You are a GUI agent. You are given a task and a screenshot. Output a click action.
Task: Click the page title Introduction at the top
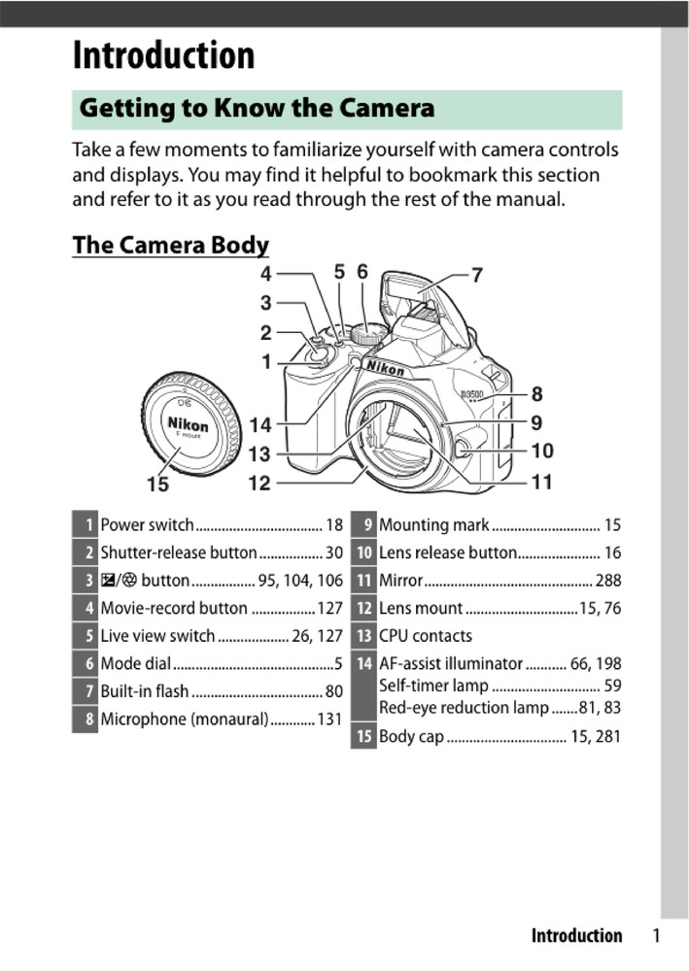163,56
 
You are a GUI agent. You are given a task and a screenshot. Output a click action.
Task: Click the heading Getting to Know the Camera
257,108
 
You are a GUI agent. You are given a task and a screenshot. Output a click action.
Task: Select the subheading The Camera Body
170,245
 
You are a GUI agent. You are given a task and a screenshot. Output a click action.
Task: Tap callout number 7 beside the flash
477,275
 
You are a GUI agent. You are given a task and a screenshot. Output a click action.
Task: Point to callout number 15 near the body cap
157,483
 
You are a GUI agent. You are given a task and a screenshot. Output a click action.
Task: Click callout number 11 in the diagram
541,481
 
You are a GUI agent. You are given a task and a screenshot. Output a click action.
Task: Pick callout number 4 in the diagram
265,274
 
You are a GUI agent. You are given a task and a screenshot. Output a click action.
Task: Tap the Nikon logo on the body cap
188,425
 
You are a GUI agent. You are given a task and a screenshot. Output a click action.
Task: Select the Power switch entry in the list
148,525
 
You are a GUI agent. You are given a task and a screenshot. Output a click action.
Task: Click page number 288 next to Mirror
607,582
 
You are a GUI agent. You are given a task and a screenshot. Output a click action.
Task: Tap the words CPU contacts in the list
426,636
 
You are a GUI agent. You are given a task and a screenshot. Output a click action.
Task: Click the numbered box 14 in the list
363,665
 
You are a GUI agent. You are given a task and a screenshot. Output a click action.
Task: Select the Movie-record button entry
174,609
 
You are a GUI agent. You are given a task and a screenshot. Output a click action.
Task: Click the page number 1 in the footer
656,936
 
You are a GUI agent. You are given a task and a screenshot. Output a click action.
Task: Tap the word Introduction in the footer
576,936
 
